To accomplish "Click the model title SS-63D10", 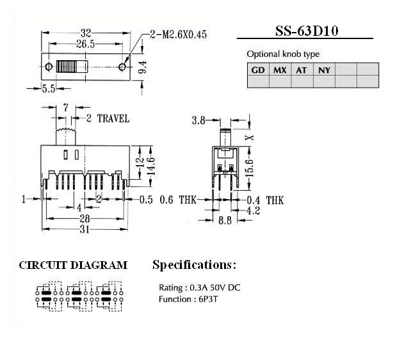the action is coord(306,31).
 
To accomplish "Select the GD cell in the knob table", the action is coord(258,69).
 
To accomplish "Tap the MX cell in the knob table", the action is coord(280,69).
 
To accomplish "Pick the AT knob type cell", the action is coord(302,69).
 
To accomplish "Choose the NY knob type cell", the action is coord(324,69).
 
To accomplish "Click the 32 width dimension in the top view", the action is coord(86,33).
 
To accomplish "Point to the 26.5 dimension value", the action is coord(85,44).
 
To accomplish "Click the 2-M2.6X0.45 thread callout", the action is coord(179,35).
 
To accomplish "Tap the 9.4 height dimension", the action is coord(143,67).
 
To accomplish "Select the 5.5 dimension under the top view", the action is coord(49,89).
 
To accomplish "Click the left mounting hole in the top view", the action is coord(49,67).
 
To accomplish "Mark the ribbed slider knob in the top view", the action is coord(72,67).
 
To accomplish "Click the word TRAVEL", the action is coord(113,118).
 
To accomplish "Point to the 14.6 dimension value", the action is coord(151,166).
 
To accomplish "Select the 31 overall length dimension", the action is coord(85,229).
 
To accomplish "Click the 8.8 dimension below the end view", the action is coord(225,220).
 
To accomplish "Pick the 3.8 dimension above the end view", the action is coord(198,120).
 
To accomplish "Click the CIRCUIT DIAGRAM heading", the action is coord(73,266).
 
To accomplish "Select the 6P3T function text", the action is coord(208,299).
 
